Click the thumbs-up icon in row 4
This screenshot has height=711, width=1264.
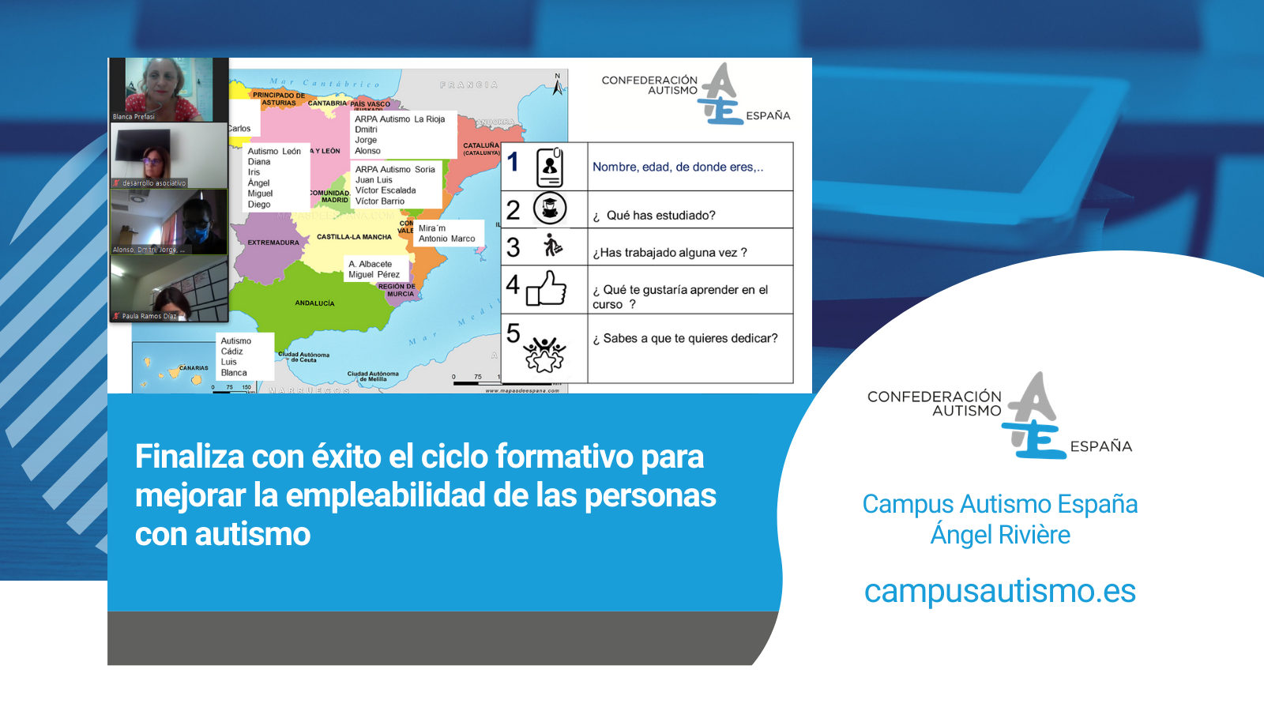tap(547, 288)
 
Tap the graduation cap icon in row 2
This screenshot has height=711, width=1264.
tap(550, 209)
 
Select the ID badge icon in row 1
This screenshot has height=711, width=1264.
tap(550, 167)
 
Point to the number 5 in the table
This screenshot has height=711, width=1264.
tap(513, 333)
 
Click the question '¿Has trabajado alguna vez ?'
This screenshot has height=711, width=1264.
tap(670, 253)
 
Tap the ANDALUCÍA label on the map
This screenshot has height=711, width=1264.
tap(314, 303)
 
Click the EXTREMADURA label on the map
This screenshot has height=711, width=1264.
tap(273, 243)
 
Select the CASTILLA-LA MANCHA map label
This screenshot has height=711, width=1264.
tap(354, 237)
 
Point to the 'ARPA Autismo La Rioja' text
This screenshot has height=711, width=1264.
tap(400, 119)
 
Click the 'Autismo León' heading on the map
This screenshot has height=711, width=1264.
tap(274, 151)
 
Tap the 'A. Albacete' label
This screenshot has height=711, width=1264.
tap(370, 264)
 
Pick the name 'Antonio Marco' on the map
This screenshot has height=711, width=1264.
tap(447, 239)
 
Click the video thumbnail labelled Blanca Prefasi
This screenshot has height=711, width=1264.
tap(168, 89)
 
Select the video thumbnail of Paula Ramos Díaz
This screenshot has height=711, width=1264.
tap(168, 289)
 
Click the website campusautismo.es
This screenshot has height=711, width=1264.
tap(999, 591)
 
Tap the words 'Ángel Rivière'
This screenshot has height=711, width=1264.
tap(1000, 535)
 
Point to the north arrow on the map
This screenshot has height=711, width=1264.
tap(558, 85)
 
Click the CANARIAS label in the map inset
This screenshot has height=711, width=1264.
tap(194, 368)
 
